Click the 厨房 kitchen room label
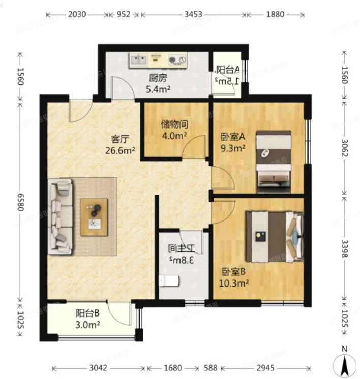(158, 78)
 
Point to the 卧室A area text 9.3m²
(233, 148)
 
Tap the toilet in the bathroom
(168, 280)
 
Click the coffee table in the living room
(94, 217)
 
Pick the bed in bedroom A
(273, 162)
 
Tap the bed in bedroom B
(274, 236)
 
